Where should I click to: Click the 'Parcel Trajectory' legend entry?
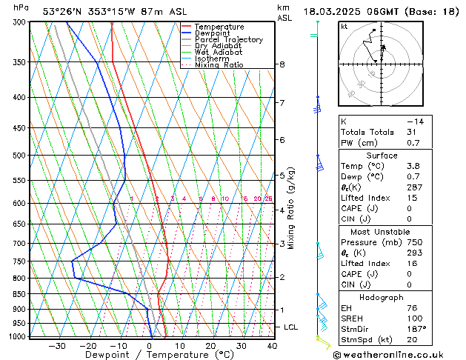(228, 40)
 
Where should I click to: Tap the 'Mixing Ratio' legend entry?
(219, 65)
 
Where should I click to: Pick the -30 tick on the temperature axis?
(57, 345)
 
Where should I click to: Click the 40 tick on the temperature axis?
(272, 345)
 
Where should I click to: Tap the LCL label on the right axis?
(291, 327)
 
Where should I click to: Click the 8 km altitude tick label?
(282, 64)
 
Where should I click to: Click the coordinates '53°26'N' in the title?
(63, 11)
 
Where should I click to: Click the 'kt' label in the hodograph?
(344, 26)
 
